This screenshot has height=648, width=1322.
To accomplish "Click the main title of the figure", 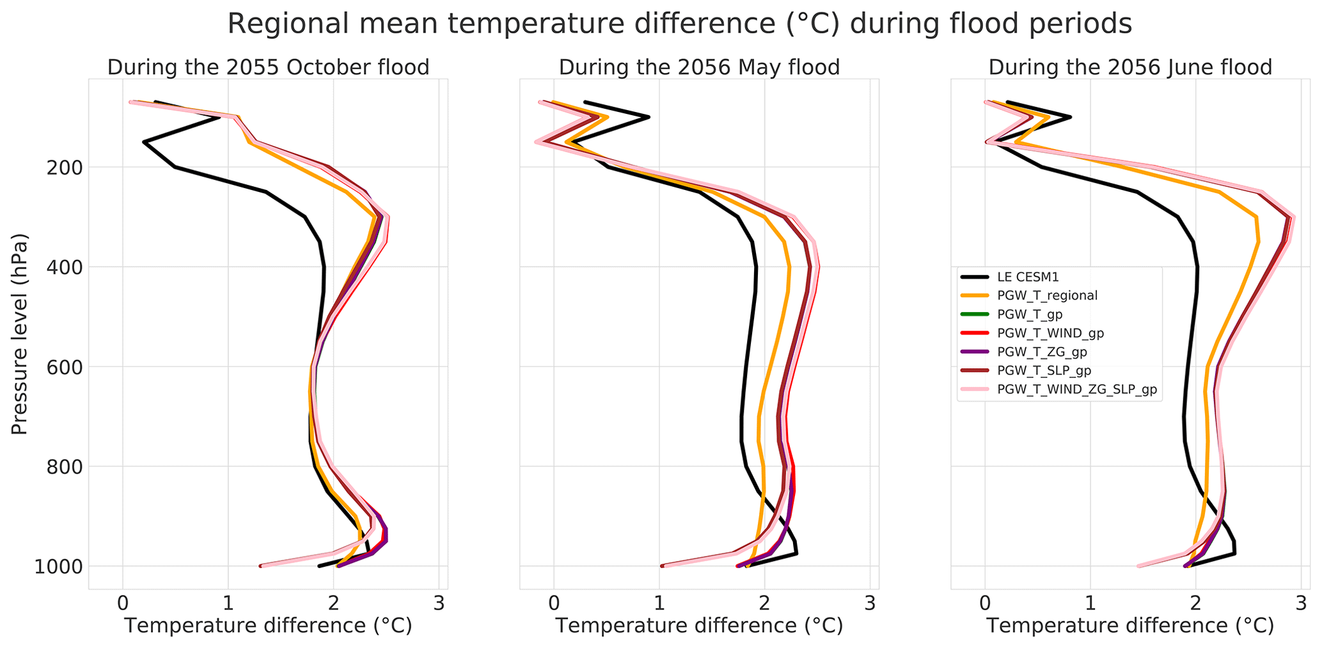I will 679,24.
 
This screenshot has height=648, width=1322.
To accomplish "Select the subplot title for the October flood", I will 268,67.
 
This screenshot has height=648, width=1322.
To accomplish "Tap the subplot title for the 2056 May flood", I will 699,67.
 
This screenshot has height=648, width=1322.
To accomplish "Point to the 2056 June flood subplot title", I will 1130,67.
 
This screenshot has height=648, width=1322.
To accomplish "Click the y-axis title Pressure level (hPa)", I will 20,334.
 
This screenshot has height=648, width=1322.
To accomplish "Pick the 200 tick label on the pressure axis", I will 61,168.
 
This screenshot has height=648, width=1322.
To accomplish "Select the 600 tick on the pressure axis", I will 61,367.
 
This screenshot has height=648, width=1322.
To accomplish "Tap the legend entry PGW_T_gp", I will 1030,314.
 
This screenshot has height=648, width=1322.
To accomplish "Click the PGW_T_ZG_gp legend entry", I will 1042,351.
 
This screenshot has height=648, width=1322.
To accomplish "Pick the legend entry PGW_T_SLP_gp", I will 1044,370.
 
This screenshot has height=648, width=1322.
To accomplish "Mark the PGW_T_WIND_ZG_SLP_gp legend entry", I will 1077,390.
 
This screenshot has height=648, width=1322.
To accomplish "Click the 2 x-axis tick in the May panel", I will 764,603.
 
